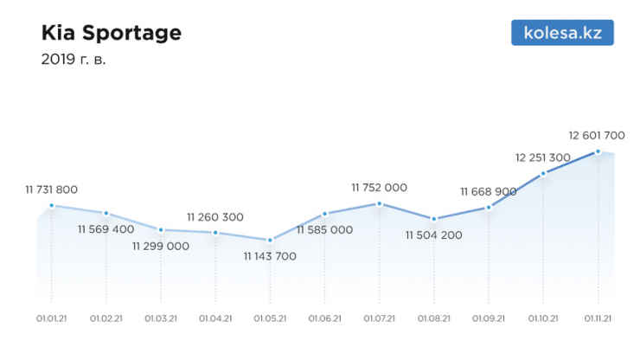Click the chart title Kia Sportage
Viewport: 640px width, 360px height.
coord(112,33)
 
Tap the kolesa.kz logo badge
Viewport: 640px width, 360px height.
coord(562,33)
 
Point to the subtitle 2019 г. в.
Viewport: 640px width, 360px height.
coord(74,61)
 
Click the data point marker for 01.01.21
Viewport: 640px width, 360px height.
coord(52,205)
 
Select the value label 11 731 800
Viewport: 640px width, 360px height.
coord(52,190)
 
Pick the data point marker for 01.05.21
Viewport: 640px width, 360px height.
coord(270,240)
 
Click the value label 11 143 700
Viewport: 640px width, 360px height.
coord(270,256)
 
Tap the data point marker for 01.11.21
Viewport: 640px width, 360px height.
coord(597,151)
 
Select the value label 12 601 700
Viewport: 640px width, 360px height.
coord(597,135)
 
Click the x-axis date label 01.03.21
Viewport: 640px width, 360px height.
coord(161,318)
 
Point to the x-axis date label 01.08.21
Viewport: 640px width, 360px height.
coord(434,318)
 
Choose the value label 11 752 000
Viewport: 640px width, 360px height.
coord(379,187)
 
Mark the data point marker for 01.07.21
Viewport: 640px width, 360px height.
coord(379,203)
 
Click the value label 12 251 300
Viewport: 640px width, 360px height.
coord(542,157)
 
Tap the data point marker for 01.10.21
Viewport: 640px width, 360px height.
coord(543,174)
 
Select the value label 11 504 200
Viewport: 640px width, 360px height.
coord(434,235)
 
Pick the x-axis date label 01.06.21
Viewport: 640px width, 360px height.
coord(324,318)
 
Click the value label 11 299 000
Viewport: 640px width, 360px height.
coord(161,246)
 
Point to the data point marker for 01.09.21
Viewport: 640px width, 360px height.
coord(489,208)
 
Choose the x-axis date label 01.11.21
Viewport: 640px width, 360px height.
coord(598,318)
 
